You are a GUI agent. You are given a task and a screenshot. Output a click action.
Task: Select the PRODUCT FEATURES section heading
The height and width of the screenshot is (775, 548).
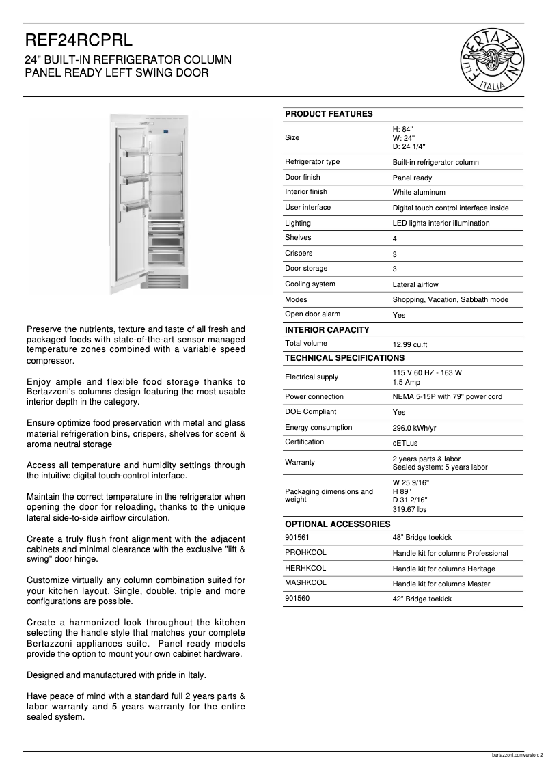[x=329, y=114]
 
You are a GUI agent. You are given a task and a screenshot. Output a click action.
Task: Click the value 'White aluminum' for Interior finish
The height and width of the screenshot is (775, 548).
[x=418, y=193]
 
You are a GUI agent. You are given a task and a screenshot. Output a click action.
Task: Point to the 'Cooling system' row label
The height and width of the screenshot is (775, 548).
[x=310, y=284]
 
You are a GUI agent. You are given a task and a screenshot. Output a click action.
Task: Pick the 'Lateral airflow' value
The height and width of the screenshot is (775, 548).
[x=415, y=284]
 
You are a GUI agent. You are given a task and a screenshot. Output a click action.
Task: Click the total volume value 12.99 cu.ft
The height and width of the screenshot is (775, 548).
[x=410, y=345]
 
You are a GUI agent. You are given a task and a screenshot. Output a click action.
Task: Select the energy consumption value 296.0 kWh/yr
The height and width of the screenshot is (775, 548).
[x=414, y=428]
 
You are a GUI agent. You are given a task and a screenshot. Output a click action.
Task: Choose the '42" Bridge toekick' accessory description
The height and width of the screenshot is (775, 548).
[x=422, y=599]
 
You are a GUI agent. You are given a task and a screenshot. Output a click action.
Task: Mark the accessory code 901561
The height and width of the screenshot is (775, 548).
[x=297, y=538]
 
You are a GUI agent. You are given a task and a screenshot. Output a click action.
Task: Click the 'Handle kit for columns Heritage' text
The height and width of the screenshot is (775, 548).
[x=443, y=569]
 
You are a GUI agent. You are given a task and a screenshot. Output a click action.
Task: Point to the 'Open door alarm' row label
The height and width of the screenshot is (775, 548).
[x=312, y=314]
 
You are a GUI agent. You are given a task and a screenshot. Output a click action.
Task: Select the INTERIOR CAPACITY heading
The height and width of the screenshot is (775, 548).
[x=327, y=330]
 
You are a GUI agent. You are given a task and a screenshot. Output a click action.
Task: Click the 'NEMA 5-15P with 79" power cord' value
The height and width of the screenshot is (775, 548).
[x=447, y=397]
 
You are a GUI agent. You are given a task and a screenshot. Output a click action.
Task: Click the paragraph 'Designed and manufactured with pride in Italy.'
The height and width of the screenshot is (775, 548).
[x=116, y=675]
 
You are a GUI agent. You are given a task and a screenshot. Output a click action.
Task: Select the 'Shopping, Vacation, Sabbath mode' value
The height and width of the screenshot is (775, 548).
[x=450, y=300]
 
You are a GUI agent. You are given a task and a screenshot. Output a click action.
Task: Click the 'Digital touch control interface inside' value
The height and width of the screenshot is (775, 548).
[x=450, y=208]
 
